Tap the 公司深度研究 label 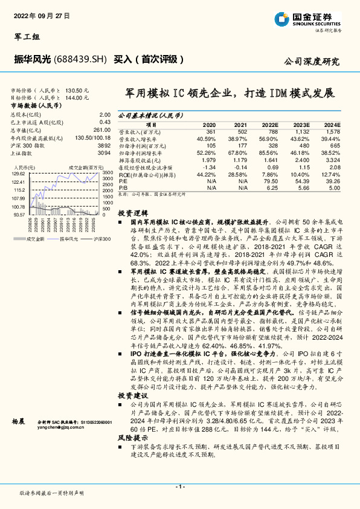point(312,62)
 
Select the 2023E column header point(301,123)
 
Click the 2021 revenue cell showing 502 point(242,131)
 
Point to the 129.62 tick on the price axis point(19,174)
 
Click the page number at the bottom point(179,486)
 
